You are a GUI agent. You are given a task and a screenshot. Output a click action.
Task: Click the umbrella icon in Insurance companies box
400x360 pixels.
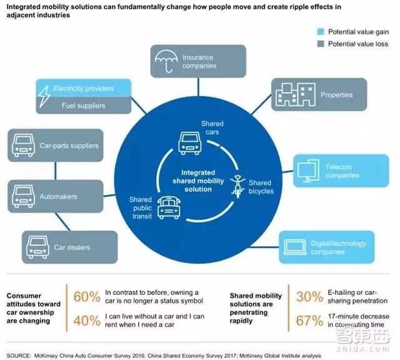(167, 61)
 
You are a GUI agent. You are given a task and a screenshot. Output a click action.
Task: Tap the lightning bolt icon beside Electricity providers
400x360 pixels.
(45, 96)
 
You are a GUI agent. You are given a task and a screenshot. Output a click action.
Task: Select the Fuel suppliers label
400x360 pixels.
(83, 106)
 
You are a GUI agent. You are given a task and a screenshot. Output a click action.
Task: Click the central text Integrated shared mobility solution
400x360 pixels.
(189, 180)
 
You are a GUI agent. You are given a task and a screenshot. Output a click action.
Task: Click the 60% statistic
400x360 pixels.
(86, 296)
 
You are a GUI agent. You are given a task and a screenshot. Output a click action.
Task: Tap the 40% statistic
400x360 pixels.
(86, 321)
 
